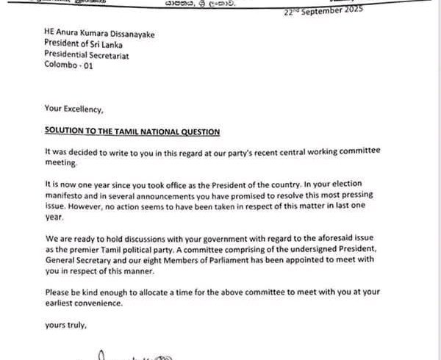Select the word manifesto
coord(69,196)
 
